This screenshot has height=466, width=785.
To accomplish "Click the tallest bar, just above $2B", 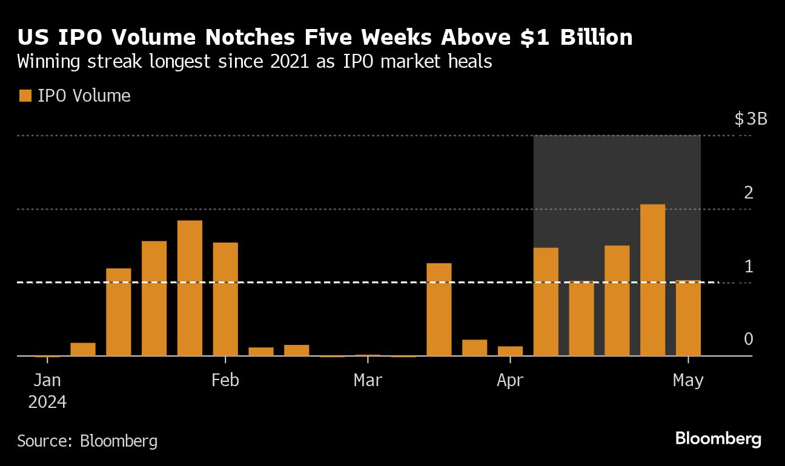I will (x=652, y=280).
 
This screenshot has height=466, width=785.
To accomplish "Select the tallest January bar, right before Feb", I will (x=190, y=288).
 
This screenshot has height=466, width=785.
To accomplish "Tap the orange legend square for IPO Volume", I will (x=25, y=96).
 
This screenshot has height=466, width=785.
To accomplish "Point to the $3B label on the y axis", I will (x=750, y=119).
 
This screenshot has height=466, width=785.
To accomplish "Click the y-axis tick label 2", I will (x=749, y=193).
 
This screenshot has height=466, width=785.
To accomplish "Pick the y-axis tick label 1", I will (x=749, y=266).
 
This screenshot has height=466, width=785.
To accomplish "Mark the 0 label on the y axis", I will (x=749, y=340).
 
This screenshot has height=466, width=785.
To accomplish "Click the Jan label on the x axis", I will (x=47, y=380).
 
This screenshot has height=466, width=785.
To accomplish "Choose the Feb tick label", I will (x=225, y=380).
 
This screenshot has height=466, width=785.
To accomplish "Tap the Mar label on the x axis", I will (x=368, y=380).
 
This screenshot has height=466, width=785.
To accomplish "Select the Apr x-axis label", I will (x=510, y=380).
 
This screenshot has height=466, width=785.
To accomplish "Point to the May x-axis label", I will (x=689, y=380).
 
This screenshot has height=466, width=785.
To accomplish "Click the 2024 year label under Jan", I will (x=47, y=402).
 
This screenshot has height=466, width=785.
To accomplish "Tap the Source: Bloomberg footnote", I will (x=87, y=441).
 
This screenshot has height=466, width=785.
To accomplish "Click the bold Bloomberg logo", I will (x=718, y=439).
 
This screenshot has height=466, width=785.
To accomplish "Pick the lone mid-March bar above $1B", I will (x=439, y=309).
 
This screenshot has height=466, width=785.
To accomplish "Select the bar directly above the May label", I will (x=688, y=318).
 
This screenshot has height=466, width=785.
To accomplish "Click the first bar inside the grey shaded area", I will (x=546, y=301).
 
